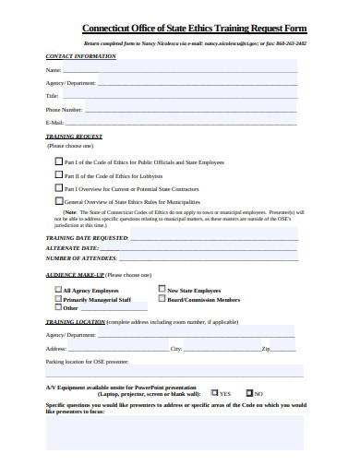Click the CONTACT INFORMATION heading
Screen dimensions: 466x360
point(81,56)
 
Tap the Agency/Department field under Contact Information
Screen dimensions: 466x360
point(199,83)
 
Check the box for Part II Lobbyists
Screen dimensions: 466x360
point(60,174)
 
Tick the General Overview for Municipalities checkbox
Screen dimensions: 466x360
point(60,199)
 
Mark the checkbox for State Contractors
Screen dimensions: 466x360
point(60,187)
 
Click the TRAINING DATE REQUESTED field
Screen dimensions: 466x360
point(213,237)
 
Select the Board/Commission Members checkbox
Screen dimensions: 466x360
point(162,299)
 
